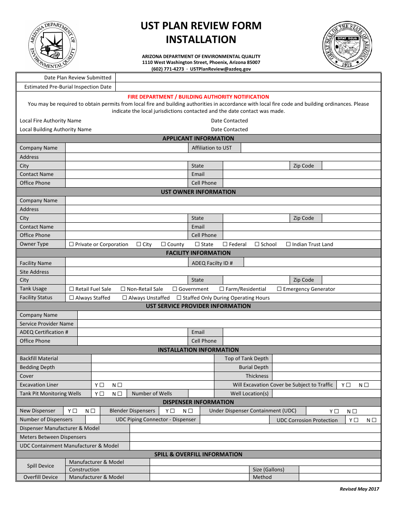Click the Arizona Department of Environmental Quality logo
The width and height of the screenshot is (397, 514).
point(52,46)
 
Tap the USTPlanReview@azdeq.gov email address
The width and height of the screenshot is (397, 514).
point(220,69)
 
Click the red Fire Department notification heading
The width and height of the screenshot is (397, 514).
point(198,97)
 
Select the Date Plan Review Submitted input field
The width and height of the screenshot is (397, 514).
point(248,77)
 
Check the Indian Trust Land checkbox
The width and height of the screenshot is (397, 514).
point(288,244)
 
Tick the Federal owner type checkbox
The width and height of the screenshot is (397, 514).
point(225,244)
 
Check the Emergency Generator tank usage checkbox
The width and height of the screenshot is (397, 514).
point(279,289)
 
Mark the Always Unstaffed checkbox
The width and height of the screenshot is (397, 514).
point(125,298)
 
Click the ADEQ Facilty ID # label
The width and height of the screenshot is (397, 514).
point(212,263)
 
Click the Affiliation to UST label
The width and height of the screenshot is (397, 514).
point(211,148)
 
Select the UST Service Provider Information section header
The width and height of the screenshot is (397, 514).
point(198,306)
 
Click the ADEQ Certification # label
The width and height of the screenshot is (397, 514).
point(44,332)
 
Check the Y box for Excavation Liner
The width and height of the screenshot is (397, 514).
point(102,385)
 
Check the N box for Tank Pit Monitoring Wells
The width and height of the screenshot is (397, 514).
point(120,394)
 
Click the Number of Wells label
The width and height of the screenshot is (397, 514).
point(152,394)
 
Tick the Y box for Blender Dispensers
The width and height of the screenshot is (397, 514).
point(173,411)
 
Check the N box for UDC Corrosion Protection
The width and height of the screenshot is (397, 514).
point(374,420)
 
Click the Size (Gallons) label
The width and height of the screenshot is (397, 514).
point(268,470)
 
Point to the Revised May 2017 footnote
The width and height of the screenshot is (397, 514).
point(359,489)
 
